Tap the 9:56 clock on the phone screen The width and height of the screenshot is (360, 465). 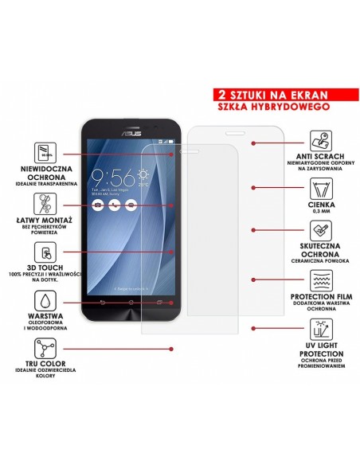coord(112,177)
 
